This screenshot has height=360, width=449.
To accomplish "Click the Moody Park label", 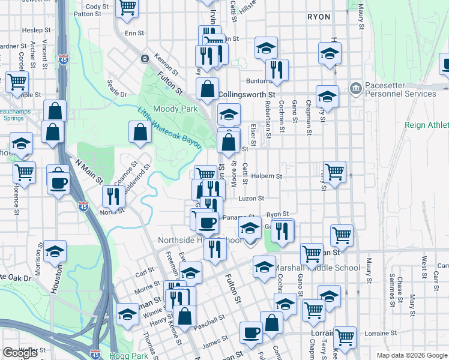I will pyautogui.click(x=175, y=109).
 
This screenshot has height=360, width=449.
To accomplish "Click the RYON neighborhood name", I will pyautogui.click(x=318, y=17).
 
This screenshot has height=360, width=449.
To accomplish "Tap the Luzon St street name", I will pyautogui.click(x=252, y=198).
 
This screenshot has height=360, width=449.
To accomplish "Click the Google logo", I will pyautogui.click(x=20, y=353).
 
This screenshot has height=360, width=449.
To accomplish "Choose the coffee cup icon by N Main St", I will pyautogui.click(x=58, y=183).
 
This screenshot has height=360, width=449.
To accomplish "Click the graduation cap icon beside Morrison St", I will pyautogui.click(x=55, y=252).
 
